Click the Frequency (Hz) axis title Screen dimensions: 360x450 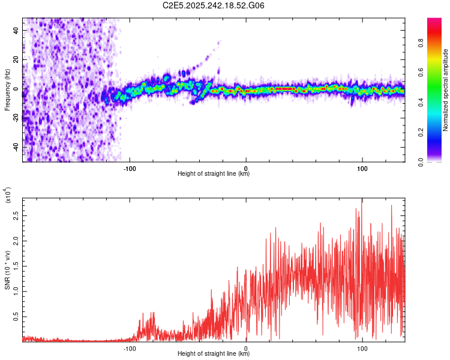pos(7,90)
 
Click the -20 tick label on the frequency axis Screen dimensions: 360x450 pos(15,118)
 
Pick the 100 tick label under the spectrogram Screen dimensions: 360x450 pos(362,168)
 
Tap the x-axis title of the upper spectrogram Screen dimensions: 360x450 pos(214,174)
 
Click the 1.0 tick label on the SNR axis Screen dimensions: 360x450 pos(15,290)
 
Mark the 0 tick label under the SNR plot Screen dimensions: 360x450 pos(247,348)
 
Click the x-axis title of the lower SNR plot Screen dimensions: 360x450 pos(214,354)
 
